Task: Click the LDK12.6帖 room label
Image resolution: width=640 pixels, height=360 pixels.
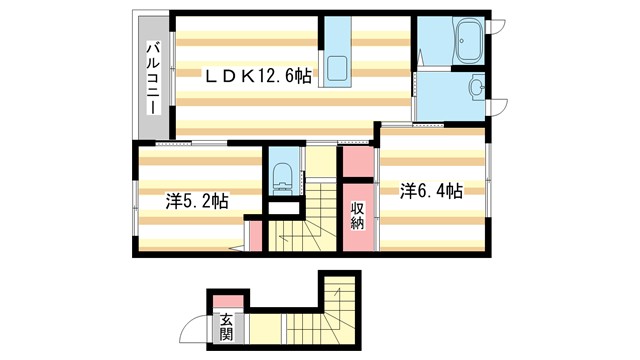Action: [259, 75]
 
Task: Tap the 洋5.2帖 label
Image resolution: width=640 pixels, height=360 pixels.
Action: [196, 201]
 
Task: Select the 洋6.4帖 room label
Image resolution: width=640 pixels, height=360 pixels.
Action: [432, 190]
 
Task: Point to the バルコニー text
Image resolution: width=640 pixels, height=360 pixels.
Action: [155, 78]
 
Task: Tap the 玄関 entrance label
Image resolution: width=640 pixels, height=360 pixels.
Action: [226, 327]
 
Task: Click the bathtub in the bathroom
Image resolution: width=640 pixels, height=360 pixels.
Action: [467, 44]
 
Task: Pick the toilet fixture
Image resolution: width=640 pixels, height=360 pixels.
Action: [282, 174]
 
